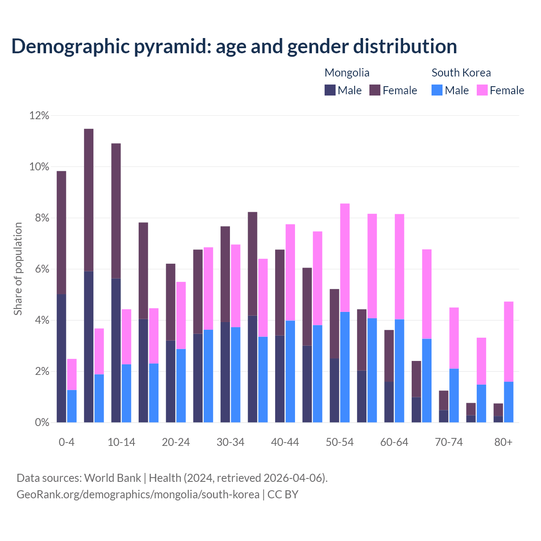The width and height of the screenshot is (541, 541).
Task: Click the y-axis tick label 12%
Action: tap(39, 115)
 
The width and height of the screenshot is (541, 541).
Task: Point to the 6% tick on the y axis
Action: tap(41, 269)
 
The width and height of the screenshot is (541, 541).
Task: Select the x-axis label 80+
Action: tap(503, 442)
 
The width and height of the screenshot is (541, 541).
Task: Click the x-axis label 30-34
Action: tap(230, 442)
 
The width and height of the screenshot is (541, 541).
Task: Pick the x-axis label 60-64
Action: tap(394, 442)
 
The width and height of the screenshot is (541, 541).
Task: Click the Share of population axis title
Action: tap(18, 269)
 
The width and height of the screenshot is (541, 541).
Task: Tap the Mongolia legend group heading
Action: tap(347, 73)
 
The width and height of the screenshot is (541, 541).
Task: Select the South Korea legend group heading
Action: tap(461, 73)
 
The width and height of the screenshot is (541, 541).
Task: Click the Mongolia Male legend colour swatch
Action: tap(330, 90)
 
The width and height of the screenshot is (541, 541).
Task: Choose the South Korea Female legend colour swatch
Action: tap(482, 90)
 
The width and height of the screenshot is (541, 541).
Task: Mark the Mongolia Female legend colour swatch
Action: tap(375, 90)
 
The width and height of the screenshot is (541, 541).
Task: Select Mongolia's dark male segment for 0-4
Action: tap(61, 358)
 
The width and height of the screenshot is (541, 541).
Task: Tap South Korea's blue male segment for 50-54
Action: tap(345, 367)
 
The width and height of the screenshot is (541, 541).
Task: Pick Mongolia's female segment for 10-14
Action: tap(116, 210)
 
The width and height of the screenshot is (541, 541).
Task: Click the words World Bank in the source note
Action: tap(112, 478)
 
